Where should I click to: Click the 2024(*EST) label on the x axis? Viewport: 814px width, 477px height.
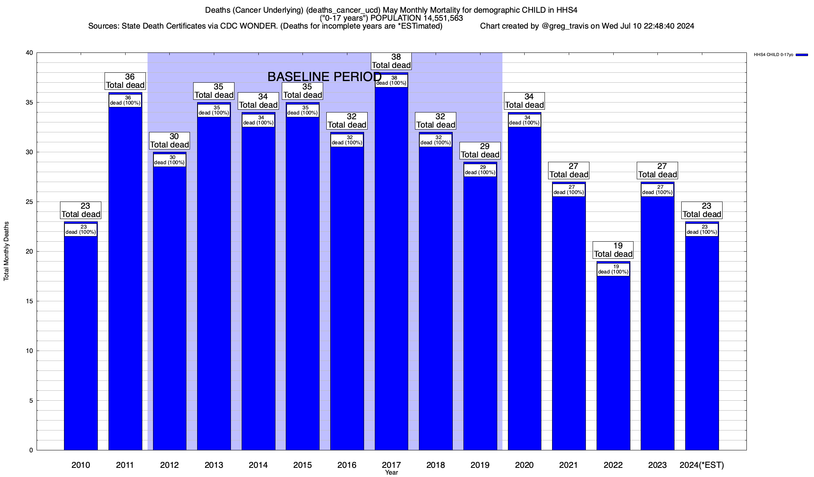point(702,465)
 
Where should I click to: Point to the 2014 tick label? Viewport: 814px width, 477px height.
point(258,465)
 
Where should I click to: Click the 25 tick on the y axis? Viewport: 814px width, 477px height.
point(30,202)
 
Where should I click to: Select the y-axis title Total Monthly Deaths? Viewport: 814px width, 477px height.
point(6,251)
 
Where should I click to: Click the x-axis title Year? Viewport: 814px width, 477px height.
point(391,473)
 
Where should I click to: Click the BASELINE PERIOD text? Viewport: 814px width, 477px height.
point(324,77)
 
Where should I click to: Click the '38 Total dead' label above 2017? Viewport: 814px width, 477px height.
point(391,61)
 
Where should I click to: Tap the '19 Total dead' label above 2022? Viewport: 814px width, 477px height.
point(613,250)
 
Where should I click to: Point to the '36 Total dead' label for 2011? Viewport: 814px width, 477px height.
point(125,81)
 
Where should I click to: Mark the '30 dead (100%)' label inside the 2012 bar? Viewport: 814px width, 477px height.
point(169,160)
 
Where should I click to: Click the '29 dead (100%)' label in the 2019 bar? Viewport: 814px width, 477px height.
point(480,170)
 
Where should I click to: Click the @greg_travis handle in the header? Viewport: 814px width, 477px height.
point(565,26)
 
